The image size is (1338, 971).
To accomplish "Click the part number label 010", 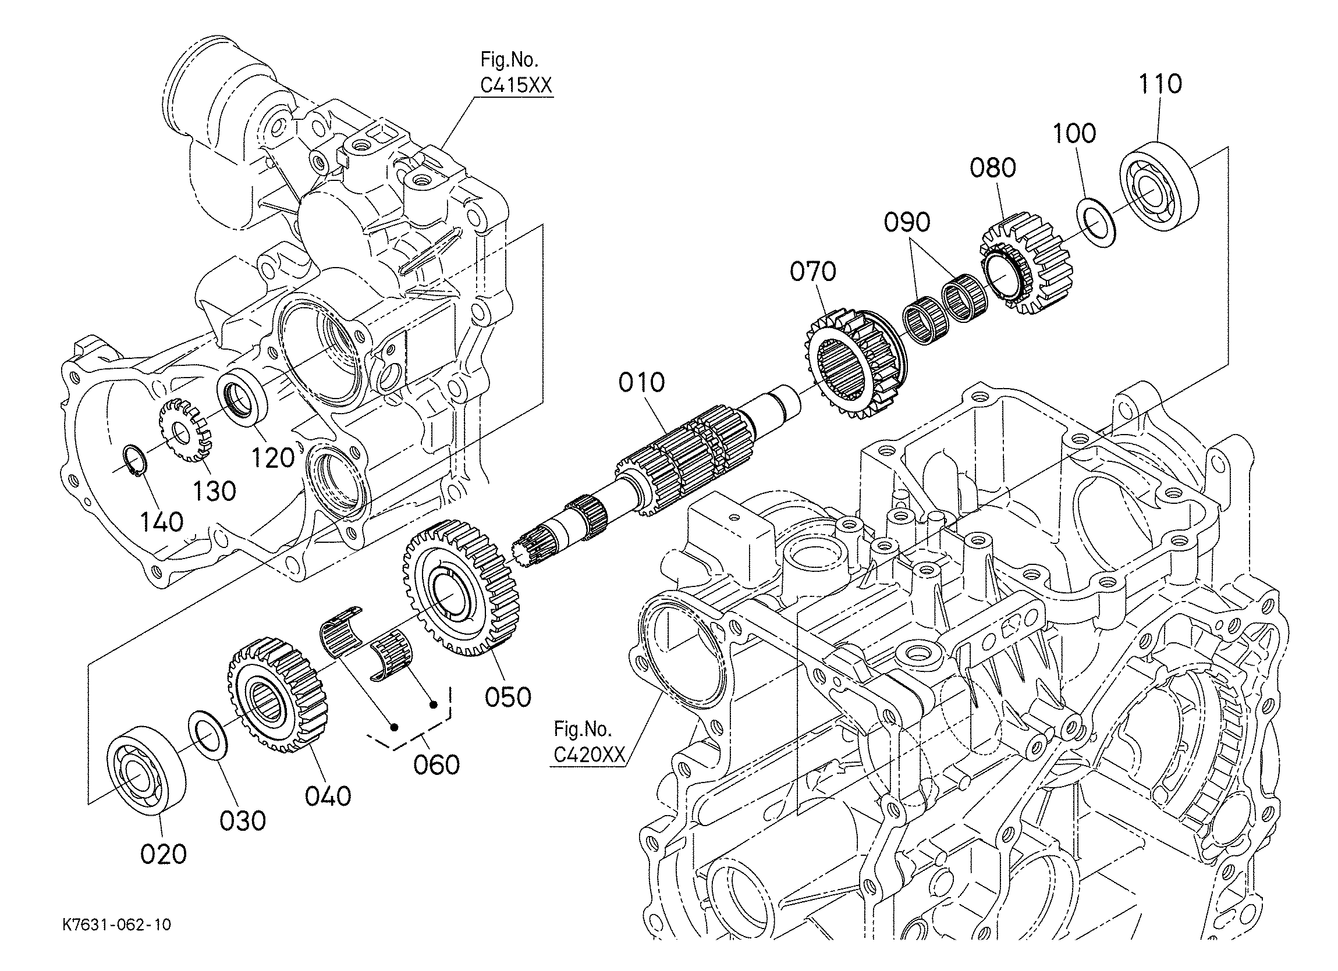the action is pos(641,382).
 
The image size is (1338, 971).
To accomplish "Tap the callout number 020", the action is pos(164,853).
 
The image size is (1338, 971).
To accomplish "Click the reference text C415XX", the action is pos(516,86).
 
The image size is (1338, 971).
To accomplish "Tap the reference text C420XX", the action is pos(588,755).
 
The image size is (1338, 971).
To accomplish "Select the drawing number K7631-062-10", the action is pos(117,924).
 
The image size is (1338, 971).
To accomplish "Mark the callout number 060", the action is pos(436,765).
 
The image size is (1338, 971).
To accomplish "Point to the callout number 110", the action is pos(1160,84).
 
